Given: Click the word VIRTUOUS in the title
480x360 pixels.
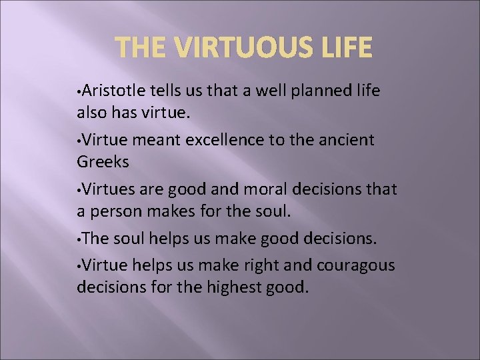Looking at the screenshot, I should tap(243, 48).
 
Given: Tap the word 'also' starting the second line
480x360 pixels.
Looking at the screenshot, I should tap(91, 112).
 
